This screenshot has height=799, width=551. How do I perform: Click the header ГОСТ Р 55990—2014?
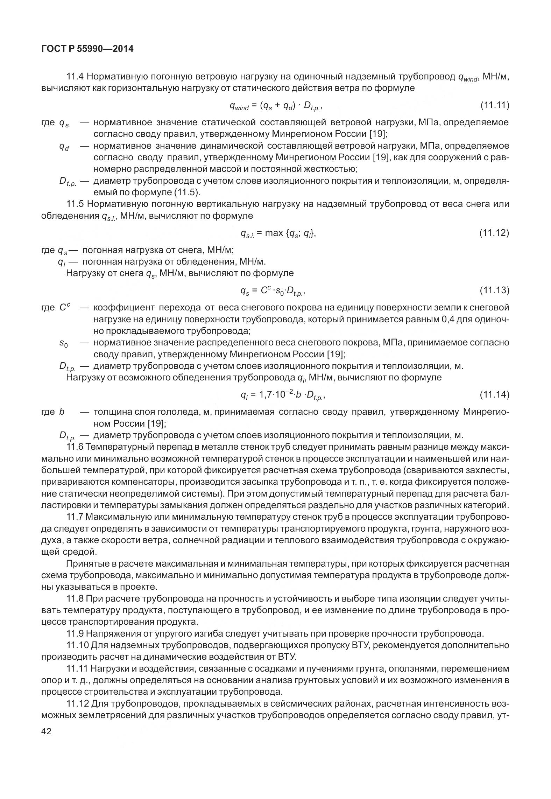coord(87,49)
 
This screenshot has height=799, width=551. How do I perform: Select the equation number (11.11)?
coord(494,105)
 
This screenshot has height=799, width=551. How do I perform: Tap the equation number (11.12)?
coord(494,233)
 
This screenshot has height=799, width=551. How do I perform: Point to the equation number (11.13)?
coord(494,290)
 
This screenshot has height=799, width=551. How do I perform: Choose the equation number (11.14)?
coord(494,395)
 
